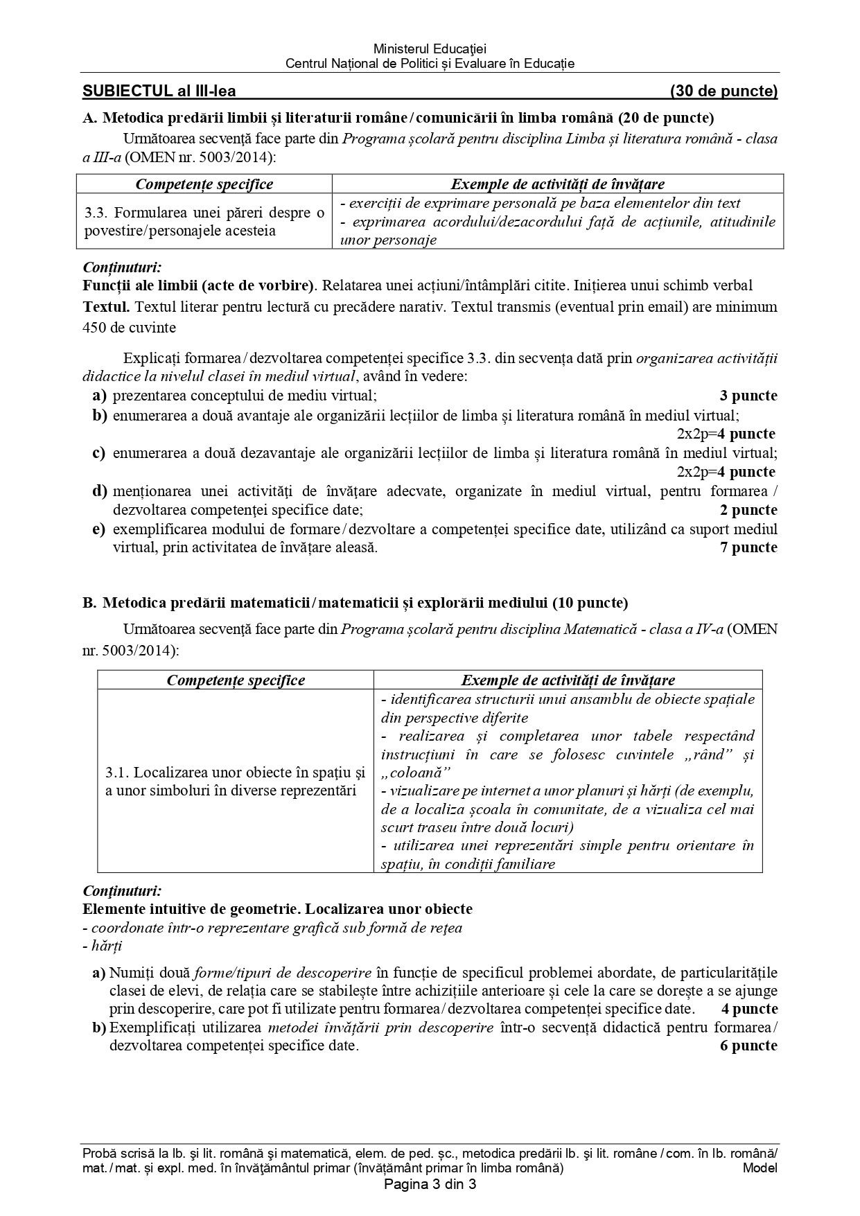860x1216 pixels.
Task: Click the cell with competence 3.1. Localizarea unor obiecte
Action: click(x=235, y=781)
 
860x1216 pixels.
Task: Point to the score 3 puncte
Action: click(x=748, y=396)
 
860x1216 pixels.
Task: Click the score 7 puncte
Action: click(x=748, y=547)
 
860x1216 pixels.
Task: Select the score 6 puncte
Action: click(x=748, y=1046)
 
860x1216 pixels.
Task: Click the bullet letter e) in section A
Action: click(x=99, y=529)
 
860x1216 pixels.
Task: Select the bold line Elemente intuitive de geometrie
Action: click(x=277, y=908)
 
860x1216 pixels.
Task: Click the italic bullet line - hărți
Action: click(x=102, y=946)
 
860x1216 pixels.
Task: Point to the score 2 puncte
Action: click(x=748, y=510)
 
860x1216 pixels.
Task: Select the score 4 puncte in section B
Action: click(x=749, y=1009)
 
